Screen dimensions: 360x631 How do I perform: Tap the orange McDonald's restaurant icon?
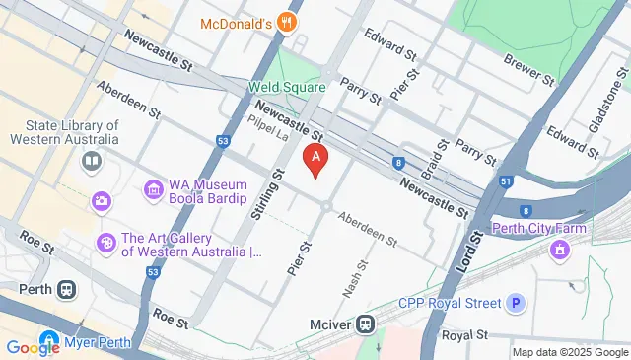[x=287, y=23]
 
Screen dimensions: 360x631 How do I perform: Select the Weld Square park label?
[x=286, y=87]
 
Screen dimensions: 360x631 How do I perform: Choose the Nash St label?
[x=362, y=278]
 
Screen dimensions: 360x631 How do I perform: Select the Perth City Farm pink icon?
[x=560, y=249]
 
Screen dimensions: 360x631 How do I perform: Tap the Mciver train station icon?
[x=365, y=323]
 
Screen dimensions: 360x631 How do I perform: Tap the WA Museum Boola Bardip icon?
[x=152, y=188]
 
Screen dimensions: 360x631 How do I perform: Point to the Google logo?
[x=33, y=347]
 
